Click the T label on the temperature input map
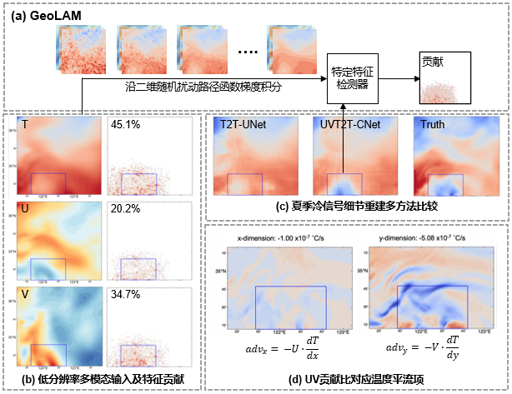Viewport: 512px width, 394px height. pyautogui.click(x=25, y=126)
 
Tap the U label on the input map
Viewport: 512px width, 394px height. pyautogui.click(x=26, y=210)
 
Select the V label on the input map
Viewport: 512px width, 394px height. pyautogui.click(x=26, y=296)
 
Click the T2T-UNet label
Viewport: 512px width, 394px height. pyautogui.click(x=245, y=124)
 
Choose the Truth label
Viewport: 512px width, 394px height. pyautogui.click(x=434, y=124)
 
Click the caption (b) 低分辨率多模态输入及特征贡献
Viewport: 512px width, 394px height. pyautogui.click(x=105, y=381)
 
